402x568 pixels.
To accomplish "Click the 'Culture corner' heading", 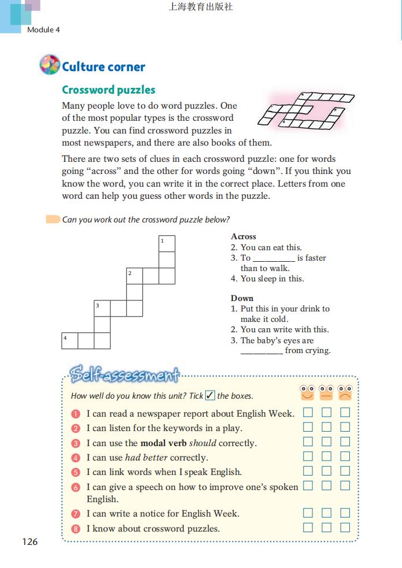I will [104, 67].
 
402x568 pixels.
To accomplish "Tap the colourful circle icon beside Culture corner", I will [49, 65].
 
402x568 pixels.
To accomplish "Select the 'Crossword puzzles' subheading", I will [108, 90].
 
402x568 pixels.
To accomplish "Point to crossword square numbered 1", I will [167, 244].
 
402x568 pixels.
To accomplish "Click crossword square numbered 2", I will [134, 276].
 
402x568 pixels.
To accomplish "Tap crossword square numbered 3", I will [102, 309].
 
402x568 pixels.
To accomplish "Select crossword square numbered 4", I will [69, 341].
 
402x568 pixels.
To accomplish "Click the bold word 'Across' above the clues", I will [243, 236].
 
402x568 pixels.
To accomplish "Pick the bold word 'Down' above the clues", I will [242, 298].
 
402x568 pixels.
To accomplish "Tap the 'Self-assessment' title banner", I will [124, 376].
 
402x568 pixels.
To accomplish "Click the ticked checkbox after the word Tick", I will [210, 396].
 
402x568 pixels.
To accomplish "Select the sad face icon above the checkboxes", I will [345, 393].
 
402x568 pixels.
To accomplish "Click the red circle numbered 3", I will [76, 443].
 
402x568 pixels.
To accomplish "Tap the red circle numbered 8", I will [76, 528].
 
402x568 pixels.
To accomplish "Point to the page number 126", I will [30, 541].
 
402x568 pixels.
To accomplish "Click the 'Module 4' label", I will [43, 29].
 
